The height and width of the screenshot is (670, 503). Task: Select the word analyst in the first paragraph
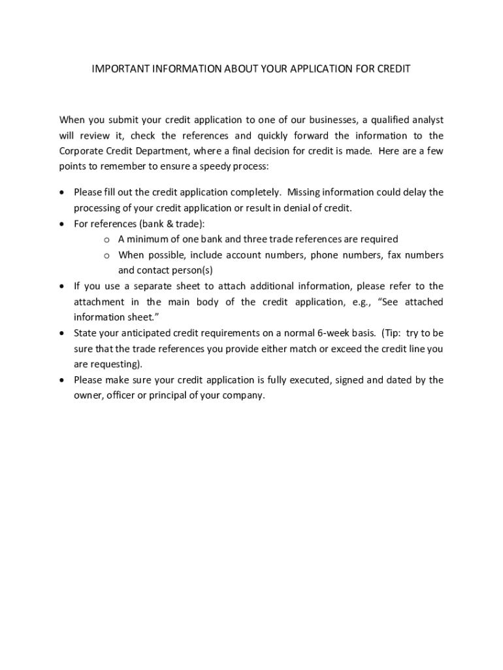point(426,120)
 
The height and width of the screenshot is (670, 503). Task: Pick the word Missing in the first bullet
point(305,192)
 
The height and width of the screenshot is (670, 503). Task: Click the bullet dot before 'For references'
point(62,224)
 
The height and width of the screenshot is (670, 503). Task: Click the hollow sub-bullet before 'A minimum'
point(106,239)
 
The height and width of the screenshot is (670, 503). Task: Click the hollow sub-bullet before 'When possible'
point(106,255)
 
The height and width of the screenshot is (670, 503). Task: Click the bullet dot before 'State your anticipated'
point(62,333)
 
